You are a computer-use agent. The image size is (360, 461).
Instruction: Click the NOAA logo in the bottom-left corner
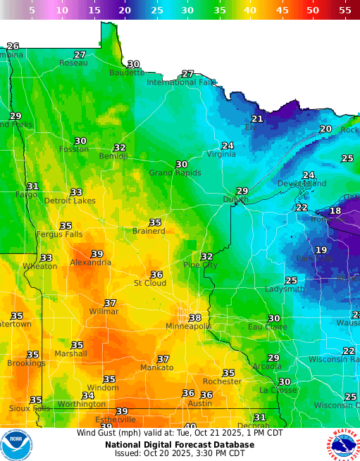[x=17, y=444]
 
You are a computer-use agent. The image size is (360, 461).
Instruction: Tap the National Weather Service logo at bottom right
[x=342, y=444]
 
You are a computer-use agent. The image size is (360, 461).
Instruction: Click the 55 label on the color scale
[x=345, y=11]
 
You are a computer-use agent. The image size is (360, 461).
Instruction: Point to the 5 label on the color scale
[x=31, y=11]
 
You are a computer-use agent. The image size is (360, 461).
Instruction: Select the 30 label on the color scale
[x=187, y=11]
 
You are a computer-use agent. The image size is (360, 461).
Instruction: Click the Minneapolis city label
[x=188, y=327]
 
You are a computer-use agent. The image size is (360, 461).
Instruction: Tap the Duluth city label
[x=235, y=200]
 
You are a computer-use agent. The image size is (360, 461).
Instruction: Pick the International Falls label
[x=182, y=82]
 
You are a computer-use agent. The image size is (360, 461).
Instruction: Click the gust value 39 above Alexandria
[x=97, y=254]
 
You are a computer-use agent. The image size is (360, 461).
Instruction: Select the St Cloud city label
[x=150, y=283]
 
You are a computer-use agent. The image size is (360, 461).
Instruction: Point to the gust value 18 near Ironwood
[x=335, y=210]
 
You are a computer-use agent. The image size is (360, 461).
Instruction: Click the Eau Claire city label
[x=267, y=327]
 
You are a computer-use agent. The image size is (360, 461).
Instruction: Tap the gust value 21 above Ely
[x=257, y=119]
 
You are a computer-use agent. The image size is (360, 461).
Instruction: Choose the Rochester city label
[x=222, y=381]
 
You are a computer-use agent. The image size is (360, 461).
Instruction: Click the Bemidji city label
[x=113, y=156]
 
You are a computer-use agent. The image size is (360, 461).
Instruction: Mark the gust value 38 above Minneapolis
[x=195, y=318]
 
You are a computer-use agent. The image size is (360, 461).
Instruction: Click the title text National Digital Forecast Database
[x=180, y=444]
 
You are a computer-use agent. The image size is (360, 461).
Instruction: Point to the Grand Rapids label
[x=175, y=172]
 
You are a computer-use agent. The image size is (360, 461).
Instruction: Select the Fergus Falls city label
[x=59, y=234]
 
